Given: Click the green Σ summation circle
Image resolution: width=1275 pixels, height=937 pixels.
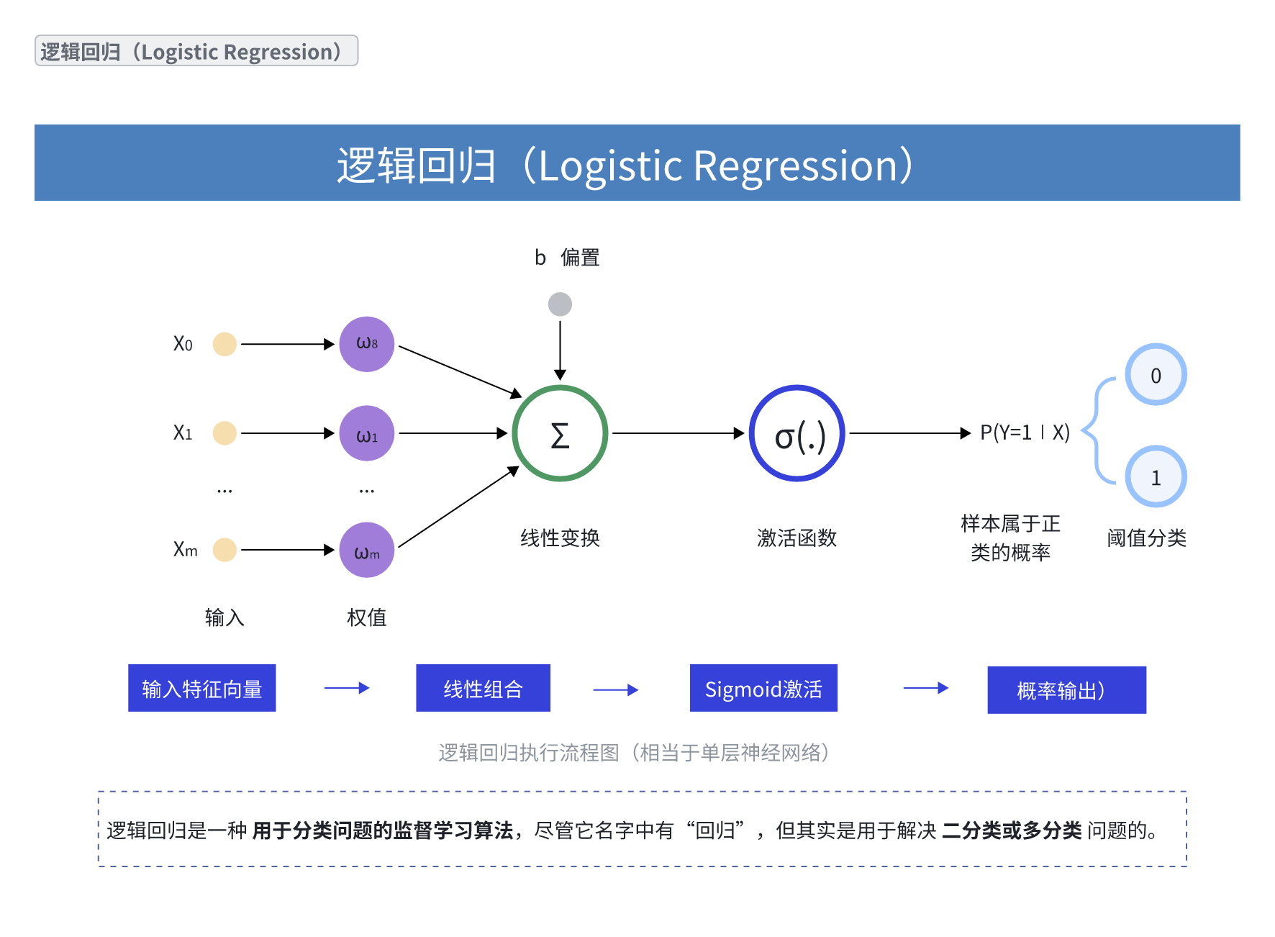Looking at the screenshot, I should [560, 433].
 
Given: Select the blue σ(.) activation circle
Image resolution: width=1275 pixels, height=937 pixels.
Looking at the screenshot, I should [797, 433].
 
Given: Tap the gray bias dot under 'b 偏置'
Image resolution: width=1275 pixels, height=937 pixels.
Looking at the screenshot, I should [560, 304].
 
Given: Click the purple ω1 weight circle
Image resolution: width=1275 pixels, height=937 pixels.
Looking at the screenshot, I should [367, 433].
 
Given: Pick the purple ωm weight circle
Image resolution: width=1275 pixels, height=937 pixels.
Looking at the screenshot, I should [367, 550].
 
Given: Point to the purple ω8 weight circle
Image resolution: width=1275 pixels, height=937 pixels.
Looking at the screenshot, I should [367, 344].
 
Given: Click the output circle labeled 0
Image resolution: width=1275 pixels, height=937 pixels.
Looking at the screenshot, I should [1156, 375].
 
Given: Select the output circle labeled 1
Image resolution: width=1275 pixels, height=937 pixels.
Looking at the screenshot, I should [1156, 477].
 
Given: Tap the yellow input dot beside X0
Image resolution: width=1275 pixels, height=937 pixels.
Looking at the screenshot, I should [224, 344].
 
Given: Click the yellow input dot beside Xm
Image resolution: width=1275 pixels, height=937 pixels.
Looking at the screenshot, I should [224, 550].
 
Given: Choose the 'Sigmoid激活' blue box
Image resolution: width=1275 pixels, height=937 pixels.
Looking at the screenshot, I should [763, 688].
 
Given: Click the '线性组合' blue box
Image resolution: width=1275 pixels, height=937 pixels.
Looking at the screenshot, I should [483, 688].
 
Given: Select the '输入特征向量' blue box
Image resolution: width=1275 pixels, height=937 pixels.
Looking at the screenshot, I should [201, 688].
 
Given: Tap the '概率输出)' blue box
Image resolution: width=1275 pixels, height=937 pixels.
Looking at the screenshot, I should [1066, 690].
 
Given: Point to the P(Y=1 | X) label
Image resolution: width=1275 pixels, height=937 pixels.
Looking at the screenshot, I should [1025, 433].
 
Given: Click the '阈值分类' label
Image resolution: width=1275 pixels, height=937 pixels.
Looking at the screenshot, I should [1146, 538].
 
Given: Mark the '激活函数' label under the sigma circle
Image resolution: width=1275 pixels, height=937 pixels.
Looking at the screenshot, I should [797, 538].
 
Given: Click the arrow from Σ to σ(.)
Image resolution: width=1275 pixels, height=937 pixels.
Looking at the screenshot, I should [676, 433].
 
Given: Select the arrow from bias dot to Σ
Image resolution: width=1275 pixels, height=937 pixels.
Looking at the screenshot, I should [560, 349].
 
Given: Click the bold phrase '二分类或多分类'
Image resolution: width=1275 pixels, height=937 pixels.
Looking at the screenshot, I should [1011, 830].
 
